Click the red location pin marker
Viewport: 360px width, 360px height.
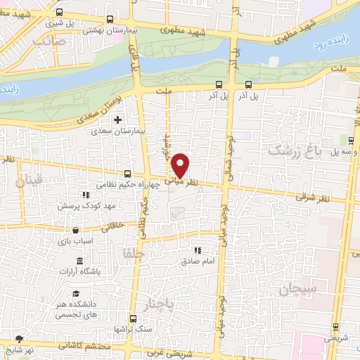181,165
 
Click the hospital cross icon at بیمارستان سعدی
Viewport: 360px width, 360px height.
118,120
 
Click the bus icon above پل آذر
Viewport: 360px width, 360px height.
219,84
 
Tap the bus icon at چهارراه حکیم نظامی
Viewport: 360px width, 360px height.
127,174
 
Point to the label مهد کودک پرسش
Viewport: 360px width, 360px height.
86,206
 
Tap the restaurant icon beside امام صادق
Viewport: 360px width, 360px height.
198,250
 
